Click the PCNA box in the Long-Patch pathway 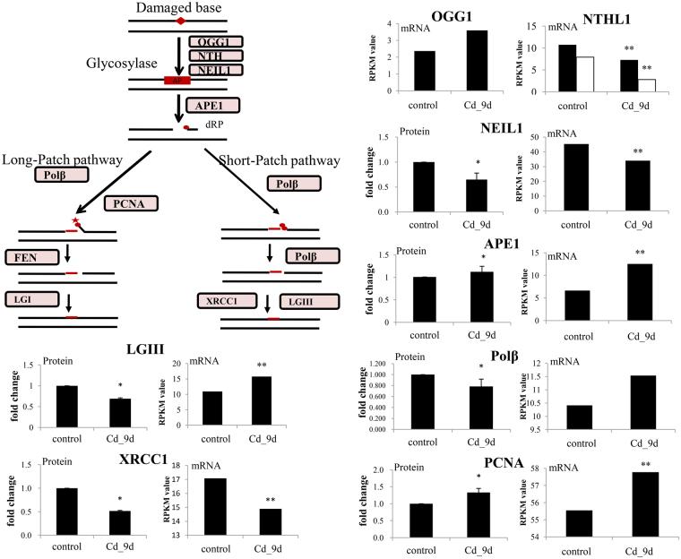tap(133, 204)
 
